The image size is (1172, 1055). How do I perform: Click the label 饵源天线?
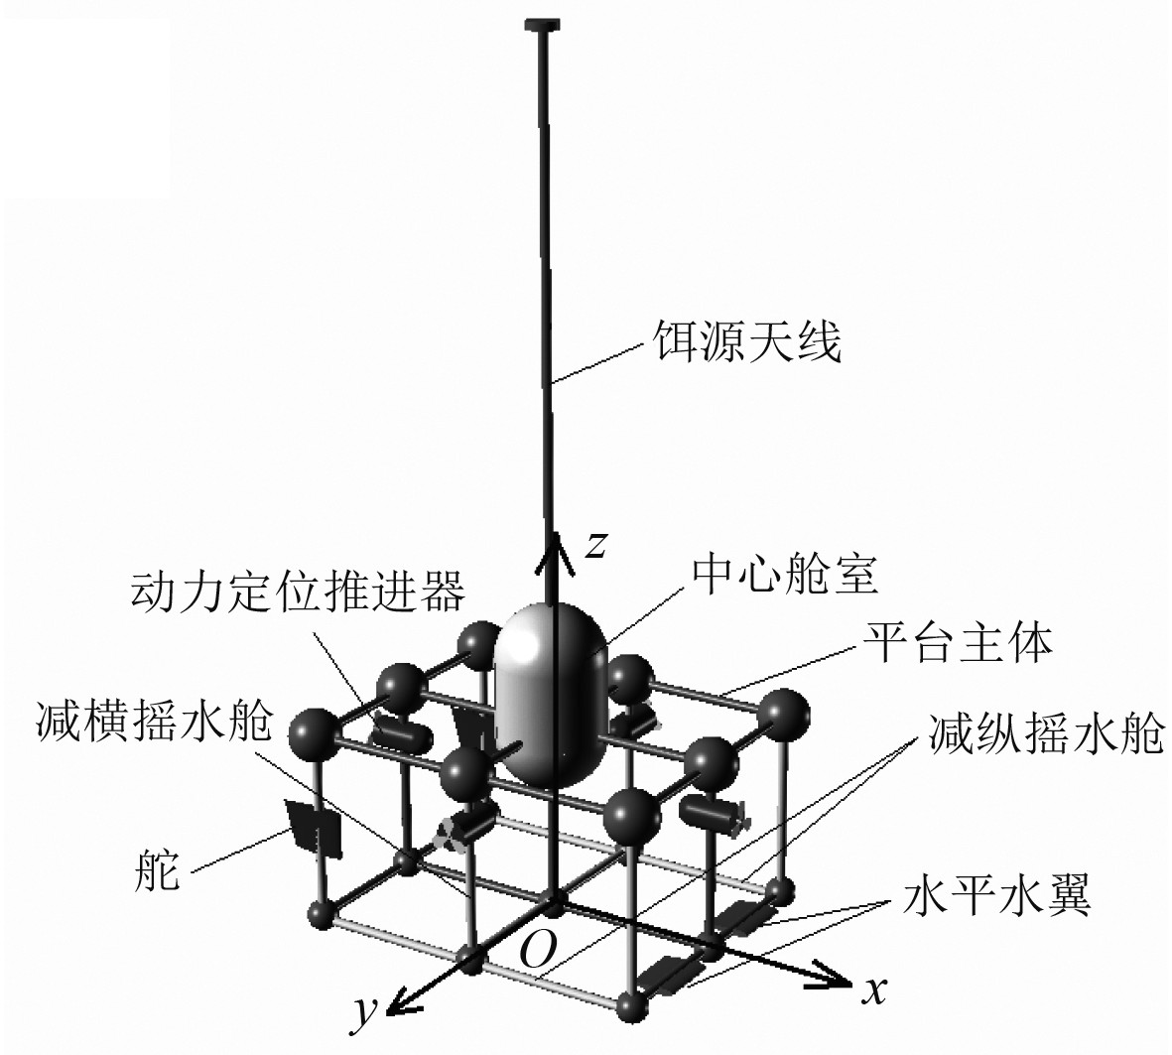click(746, 343)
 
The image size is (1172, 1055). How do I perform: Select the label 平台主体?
click(958, 643)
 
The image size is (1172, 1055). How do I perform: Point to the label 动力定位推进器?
click(297, 593)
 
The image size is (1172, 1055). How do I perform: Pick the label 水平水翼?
click(997, 898)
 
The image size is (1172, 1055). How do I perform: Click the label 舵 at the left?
click(157, 874)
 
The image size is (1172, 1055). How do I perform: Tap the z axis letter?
click(593, 544)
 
